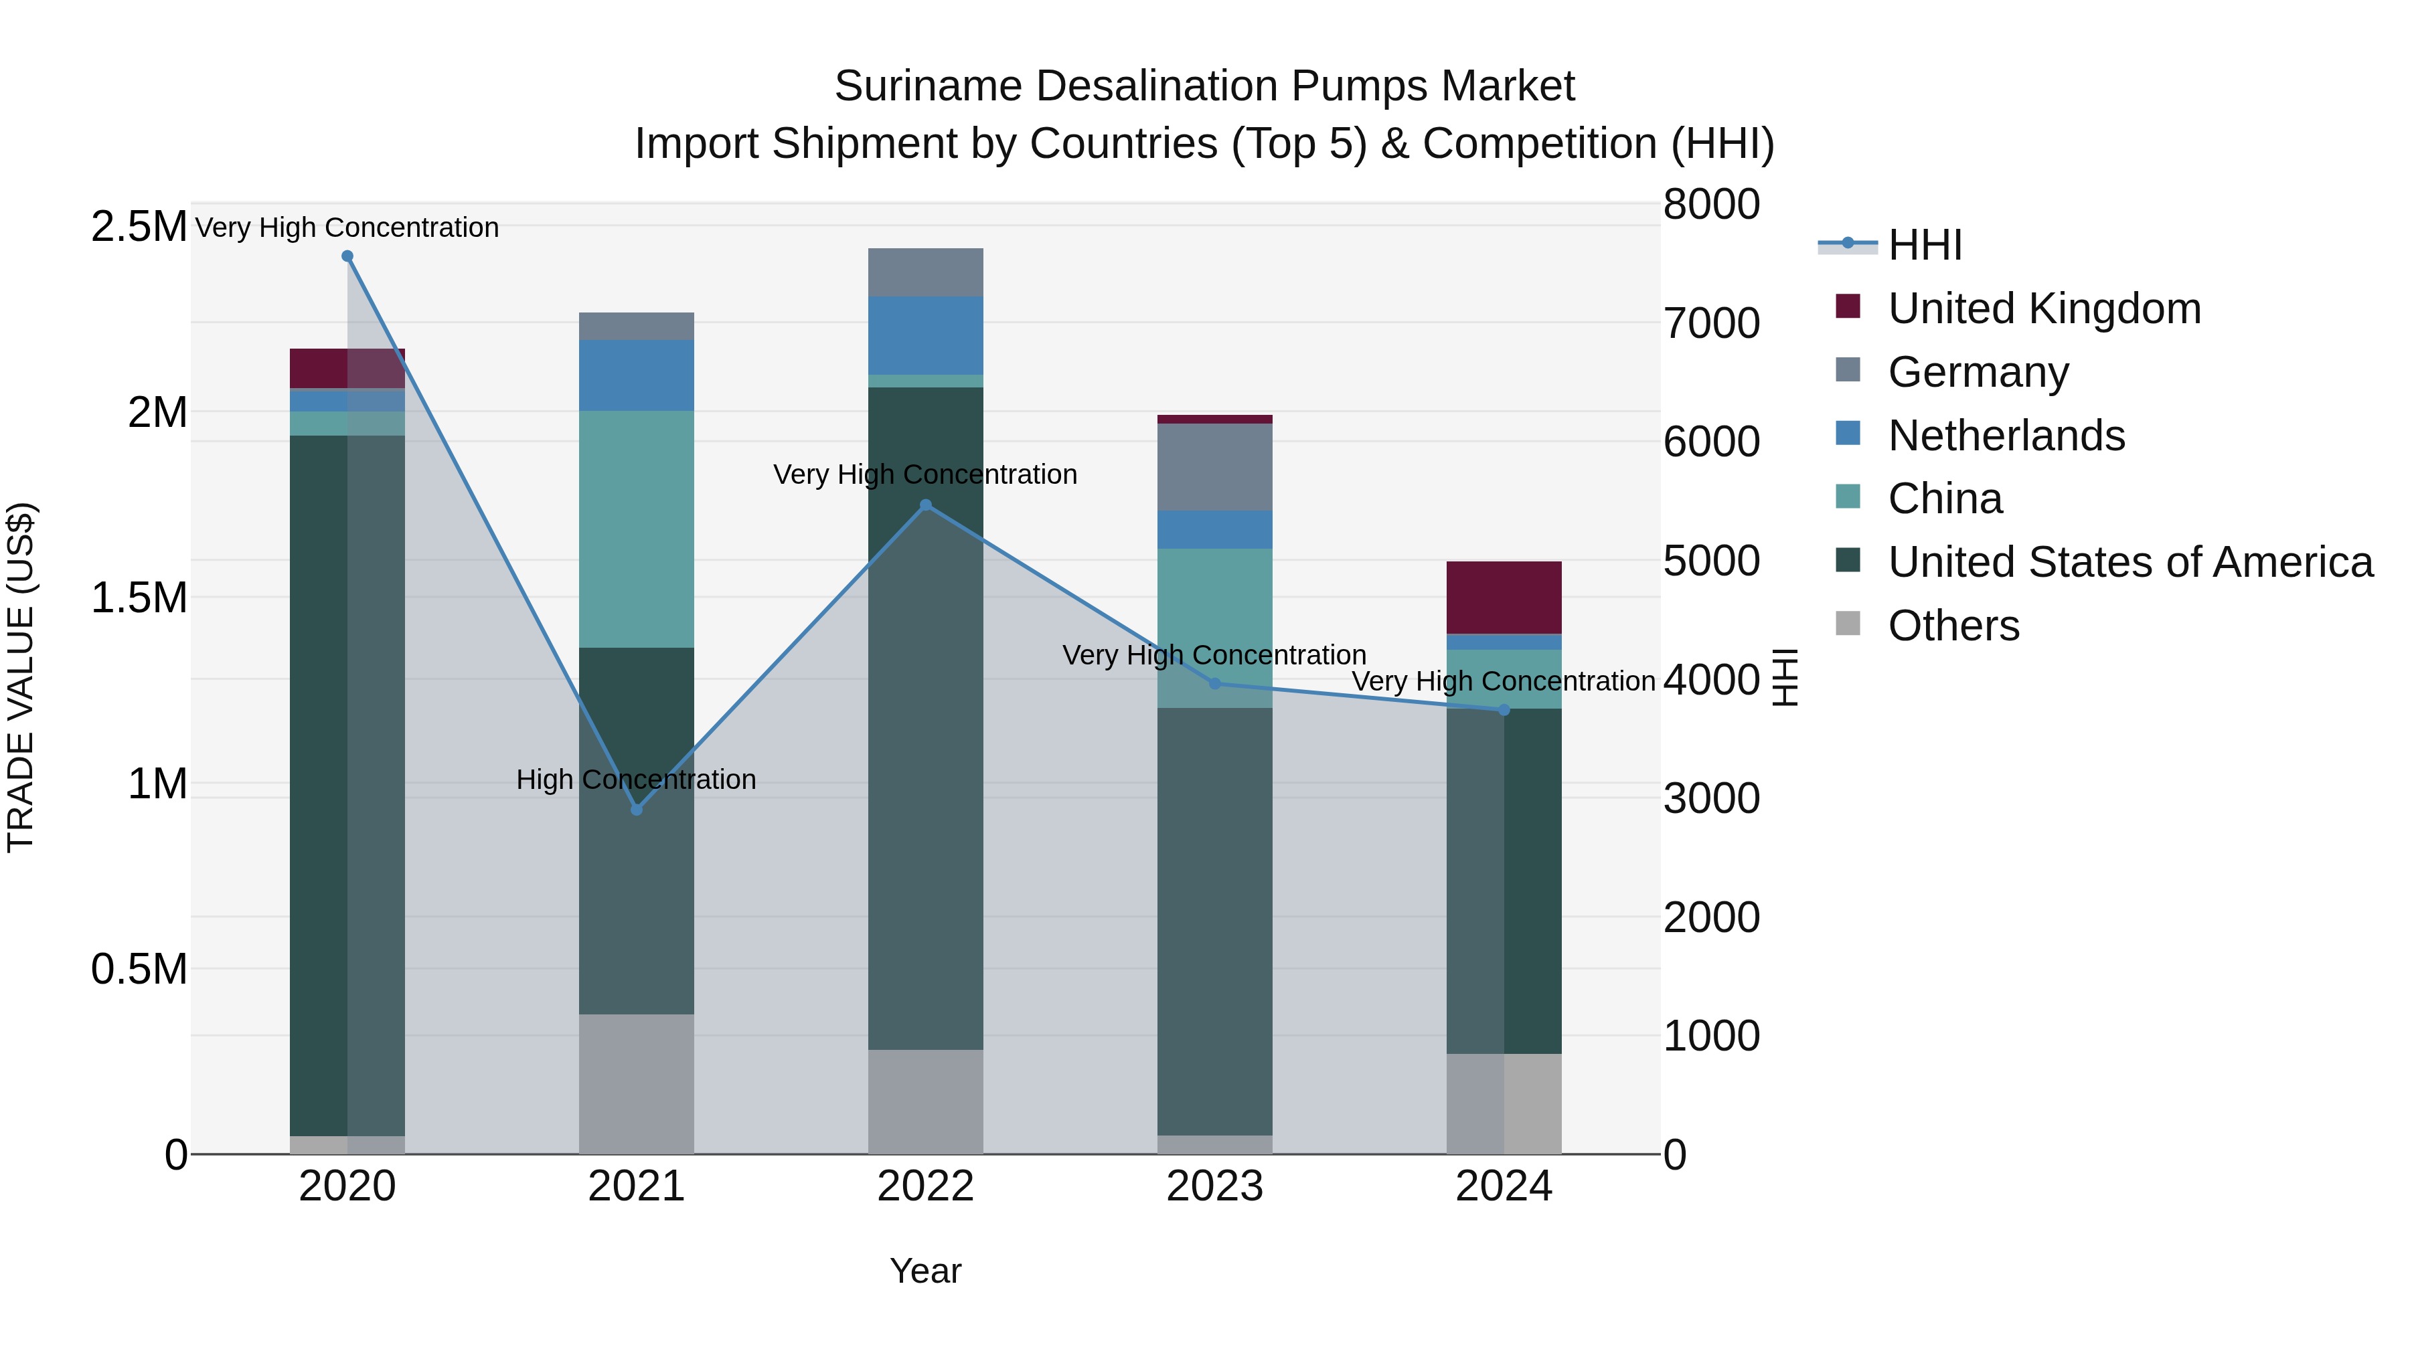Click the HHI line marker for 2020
[347, 256]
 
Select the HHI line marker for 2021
[636, 809]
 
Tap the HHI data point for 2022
[925, 505]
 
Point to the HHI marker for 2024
[1504, 710]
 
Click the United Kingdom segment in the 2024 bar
[1504, 598]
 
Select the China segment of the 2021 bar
[636, 529]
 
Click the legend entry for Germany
[1978, 372]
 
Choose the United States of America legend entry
[2130, 562]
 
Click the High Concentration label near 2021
[636, 779]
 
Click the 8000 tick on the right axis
[1711, 204]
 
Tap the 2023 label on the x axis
[1214, 1186]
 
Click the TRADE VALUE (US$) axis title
[21, 677]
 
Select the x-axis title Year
[925, 1271]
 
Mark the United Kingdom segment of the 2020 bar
[347, 369]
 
